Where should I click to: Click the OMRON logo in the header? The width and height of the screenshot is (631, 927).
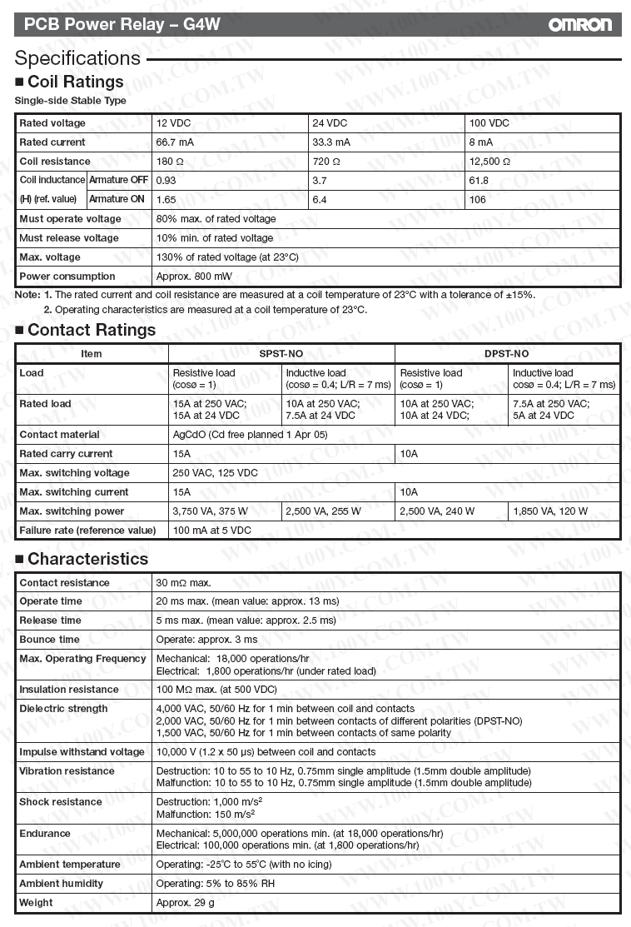[x=579, y=25]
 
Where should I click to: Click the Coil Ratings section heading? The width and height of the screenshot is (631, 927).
[x=75, y=82]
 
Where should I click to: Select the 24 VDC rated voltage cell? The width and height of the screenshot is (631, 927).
[x=330, y=123]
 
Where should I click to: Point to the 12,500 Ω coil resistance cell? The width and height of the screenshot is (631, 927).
[x=490, y=162]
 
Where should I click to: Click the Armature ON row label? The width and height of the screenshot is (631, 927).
[x=117, y=199]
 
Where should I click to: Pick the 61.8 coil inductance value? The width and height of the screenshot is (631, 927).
[x=479, y=180]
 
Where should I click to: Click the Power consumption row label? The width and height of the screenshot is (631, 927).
[x=67, y=277]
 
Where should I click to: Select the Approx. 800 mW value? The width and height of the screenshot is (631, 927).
[x=194, y=277]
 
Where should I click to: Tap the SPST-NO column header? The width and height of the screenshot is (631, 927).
[x=281, y=354]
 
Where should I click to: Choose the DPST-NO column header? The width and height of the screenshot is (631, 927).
[x=507, y=354]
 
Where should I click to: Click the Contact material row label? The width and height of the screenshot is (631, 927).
[x=59, y=435]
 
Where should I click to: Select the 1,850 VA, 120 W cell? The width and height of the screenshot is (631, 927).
[x=550, y=511]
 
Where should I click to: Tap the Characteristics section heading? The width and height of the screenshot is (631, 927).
[x=87, y=559]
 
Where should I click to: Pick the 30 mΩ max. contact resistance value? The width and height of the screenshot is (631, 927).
[x=184, y=583]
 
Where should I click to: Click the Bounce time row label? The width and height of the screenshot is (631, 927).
[x=50, y=640]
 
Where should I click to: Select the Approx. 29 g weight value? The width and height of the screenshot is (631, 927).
[x=186, y=903]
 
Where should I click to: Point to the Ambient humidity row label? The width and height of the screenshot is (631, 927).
[x=62, y=884]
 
